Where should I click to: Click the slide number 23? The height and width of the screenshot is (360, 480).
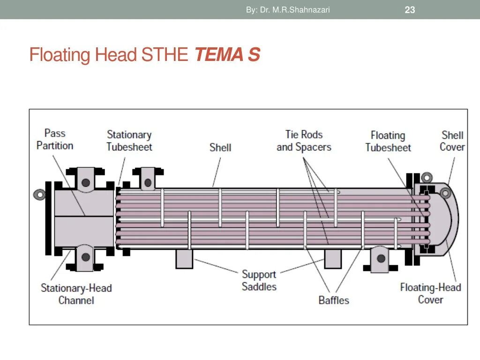[x=410, y=10]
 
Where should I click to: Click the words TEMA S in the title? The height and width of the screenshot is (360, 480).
[x=227, y=55]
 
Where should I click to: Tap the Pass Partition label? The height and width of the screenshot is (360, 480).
[x=55, y=139]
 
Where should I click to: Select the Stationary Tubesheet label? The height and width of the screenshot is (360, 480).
[x=129, y=141]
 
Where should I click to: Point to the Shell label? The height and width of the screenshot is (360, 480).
[x=220, y=147]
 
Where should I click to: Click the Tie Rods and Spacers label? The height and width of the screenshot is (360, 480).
[x=304, y=141]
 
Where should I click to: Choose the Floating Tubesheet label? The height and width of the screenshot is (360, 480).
[x=388, y=141]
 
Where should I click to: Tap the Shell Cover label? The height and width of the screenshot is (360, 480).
[x=452, y=141]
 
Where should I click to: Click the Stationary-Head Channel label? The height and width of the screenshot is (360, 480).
[x=76, y=294]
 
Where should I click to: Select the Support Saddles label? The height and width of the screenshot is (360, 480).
[x=259, y=280]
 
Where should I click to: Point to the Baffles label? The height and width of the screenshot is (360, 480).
[x=334, y=300]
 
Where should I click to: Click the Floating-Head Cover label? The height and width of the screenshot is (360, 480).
[x=430, y=293]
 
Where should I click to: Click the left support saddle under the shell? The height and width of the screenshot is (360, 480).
[x=184, y=259]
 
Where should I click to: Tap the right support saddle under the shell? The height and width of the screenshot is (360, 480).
[x=333, y=259]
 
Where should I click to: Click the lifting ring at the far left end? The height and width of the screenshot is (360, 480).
[x=39, y=194]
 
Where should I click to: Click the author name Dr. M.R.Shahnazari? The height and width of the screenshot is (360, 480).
[x=288, y=9]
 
